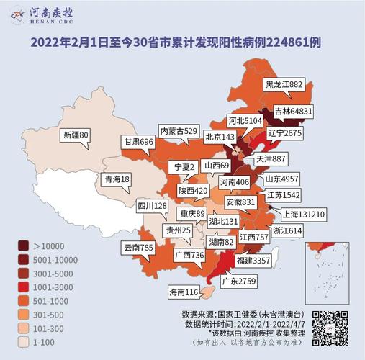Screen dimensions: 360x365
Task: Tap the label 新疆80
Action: click(76, 135)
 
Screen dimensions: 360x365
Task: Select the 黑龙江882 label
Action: click(284, 84)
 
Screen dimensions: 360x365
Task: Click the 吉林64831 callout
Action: click(292, 112)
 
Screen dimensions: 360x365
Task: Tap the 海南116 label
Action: click(183, 292)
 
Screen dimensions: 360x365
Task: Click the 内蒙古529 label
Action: click(179, 131)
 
